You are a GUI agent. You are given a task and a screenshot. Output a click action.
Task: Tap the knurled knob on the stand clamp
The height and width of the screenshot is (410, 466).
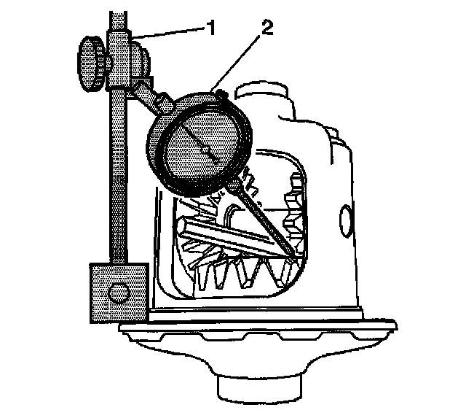[x=90, y=66]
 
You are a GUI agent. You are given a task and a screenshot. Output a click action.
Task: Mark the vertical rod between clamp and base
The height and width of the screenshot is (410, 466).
[x=116, y=182]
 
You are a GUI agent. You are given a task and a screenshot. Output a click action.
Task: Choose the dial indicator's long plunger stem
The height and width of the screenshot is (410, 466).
[x=266, y=220]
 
